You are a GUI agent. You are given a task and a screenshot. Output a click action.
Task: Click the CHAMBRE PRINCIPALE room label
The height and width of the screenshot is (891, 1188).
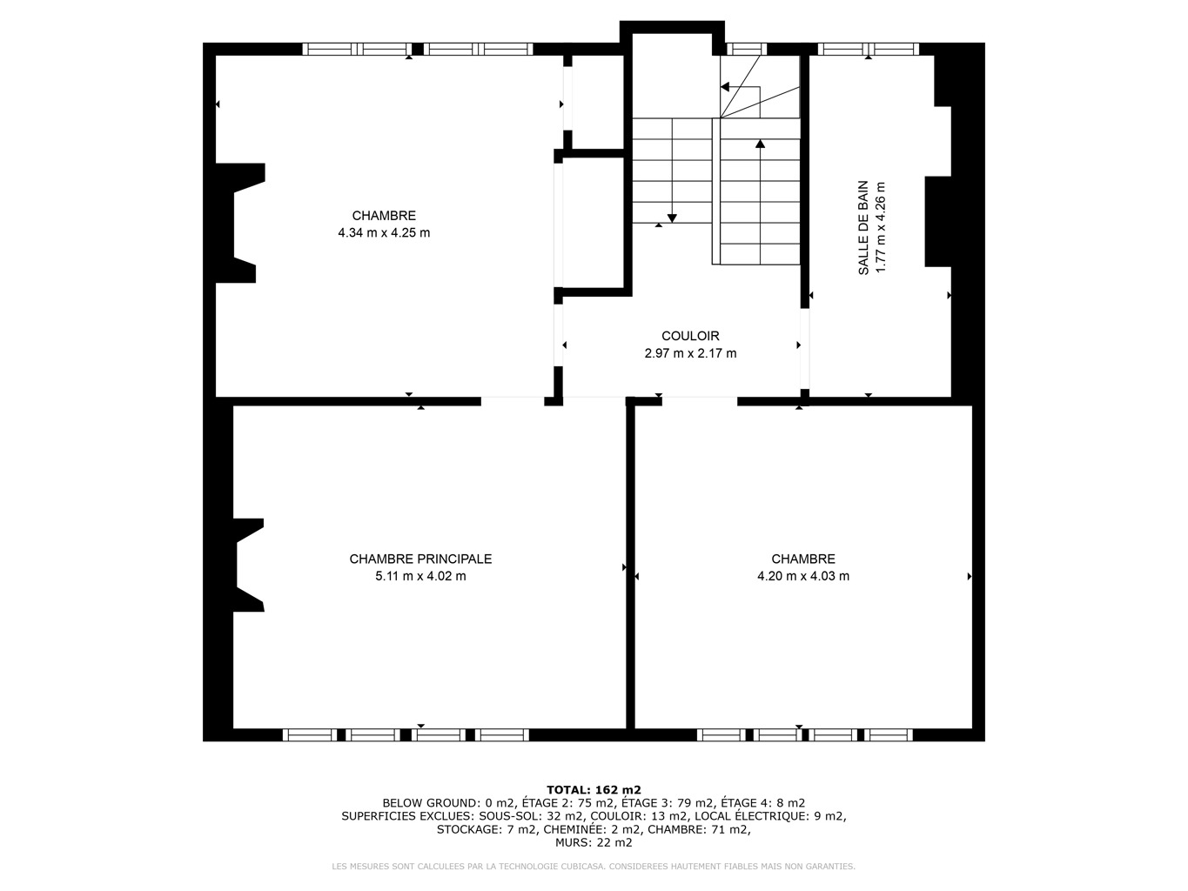[420, 559]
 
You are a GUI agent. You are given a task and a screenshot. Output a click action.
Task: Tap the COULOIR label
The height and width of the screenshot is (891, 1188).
[690, 336]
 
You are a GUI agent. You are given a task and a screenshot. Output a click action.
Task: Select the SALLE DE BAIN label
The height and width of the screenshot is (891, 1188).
[863, 228]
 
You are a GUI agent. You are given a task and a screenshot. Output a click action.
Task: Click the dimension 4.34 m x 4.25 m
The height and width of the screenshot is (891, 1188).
[384, 232]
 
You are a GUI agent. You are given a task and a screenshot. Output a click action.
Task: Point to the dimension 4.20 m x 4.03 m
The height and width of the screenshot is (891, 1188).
[803, 576]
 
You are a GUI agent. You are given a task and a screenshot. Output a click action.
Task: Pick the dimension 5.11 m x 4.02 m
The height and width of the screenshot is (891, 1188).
[420, 576]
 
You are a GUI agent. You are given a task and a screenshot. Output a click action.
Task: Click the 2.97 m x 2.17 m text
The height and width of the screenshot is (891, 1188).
[690, 353]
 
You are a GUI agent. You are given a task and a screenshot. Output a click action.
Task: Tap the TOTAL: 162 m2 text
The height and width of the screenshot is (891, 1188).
[594, 790]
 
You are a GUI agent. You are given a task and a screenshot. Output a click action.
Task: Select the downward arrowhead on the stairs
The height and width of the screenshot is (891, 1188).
[672, 218]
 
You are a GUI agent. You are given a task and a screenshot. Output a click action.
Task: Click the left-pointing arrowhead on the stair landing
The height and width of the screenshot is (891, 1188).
[725, 87]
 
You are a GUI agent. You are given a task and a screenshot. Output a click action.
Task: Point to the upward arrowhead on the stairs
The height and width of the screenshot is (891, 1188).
[761, 144]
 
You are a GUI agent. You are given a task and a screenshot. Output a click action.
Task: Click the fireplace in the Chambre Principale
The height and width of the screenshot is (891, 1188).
[248, 565]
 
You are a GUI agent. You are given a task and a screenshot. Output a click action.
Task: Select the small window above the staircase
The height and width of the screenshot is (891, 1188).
[747, 50]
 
